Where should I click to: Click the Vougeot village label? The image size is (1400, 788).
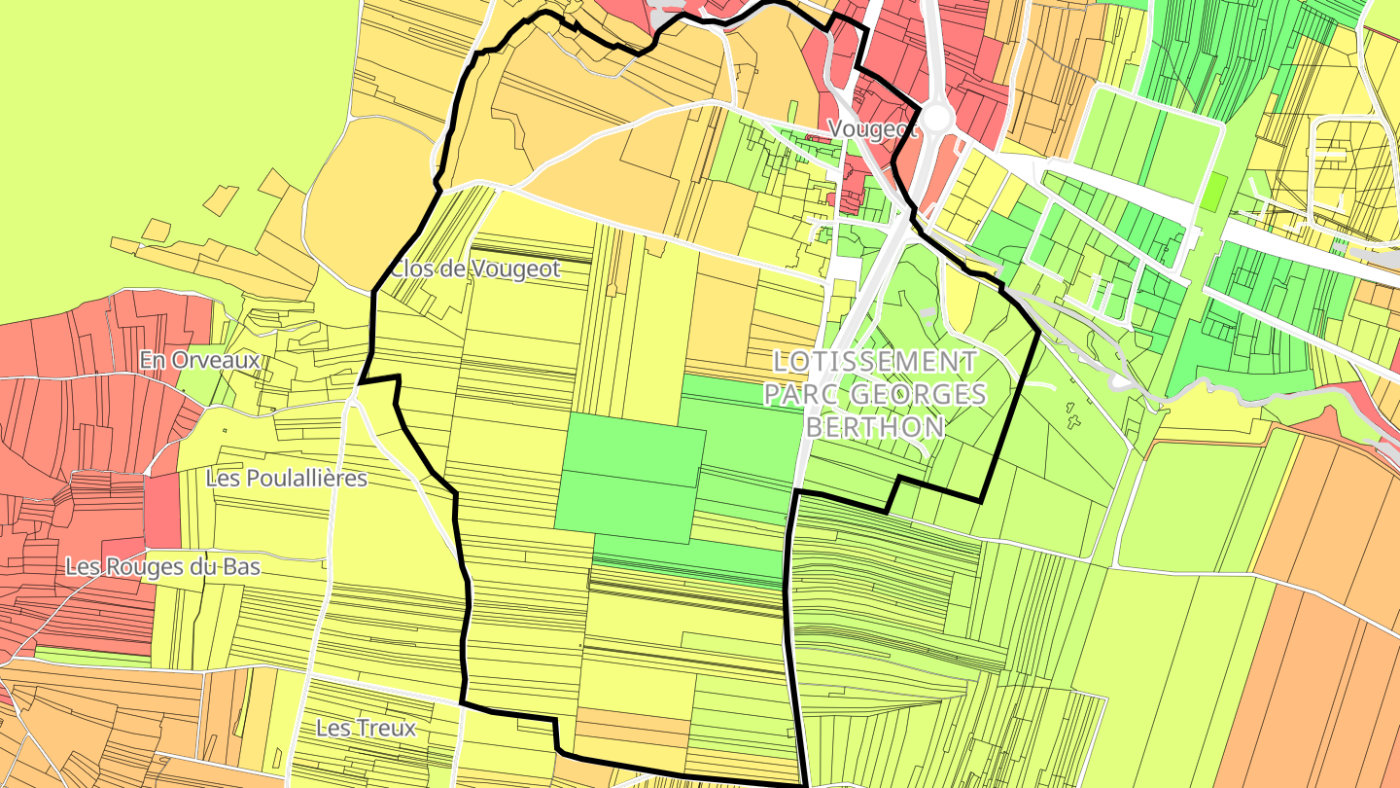click(872, 129)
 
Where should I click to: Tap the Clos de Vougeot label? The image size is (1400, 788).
click(475, 269)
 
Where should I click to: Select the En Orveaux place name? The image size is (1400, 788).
click(199, 360)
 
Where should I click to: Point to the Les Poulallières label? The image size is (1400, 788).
click(287, 478)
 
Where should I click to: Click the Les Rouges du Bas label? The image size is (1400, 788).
click(162, 566)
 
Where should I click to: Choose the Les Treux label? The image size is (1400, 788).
click(366, 728)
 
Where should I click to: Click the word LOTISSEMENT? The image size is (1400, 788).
click(874, 361)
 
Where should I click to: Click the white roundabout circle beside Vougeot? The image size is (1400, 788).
click(936, 118)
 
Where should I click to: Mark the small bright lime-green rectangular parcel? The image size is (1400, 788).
click(1212, 192)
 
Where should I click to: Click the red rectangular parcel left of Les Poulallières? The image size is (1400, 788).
click(162, 510)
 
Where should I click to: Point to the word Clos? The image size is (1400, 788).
click(409, 269)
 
